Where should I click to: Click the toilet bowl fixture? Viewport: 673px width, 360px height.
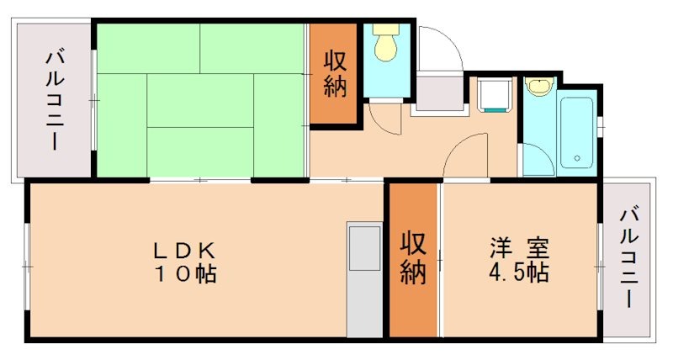click(387, 44)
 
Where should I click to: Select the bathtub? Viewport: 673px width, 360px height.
click(576, 133)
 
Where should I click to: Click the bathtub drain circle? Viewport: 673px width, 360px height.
click(576, 158)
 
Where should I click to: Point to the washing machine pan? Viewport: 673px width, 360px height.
click(493, 94)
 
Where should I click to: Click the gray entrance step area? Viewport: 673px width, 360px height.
click(438, 93)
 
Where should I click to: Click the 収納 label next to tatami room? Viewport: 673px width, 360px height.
click(336, 74)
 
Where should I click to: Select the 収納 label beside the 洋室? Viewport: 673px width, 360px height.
click(412, 257)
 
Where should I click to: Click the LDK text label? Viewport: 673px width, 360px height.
click(186, 250)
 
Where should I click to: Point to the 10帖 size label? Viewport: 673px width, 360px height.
click(186, 273)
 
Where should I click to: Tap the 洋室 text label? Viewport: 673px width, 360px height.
click(520, 250)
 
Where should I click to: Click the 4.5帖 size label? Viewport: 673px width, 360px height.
click(520, 273)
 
